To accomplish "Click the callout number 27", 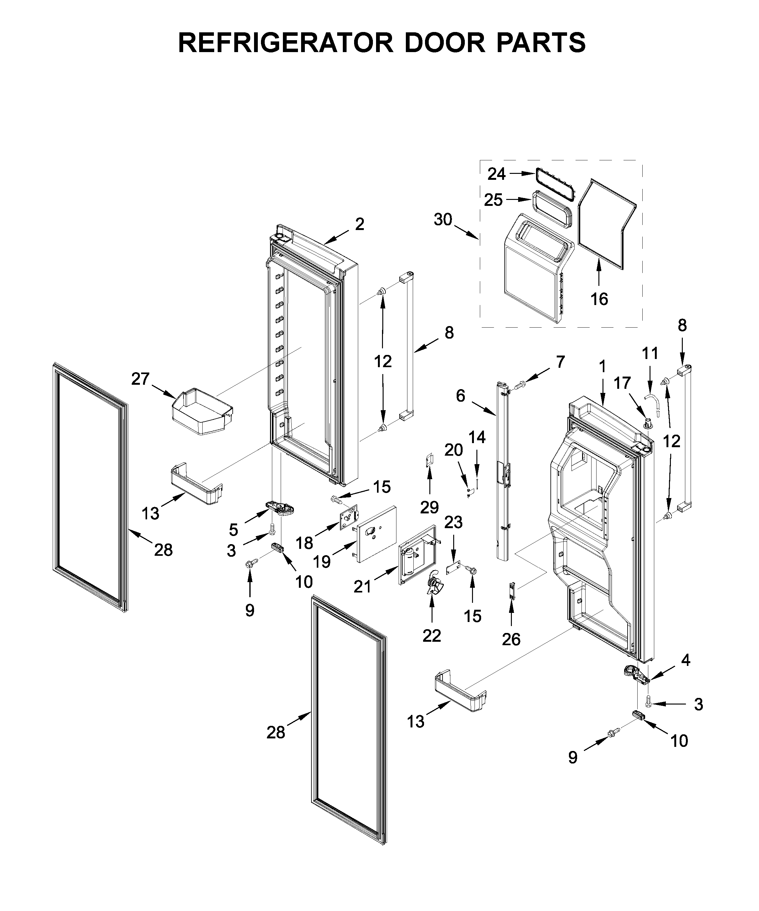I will coord(141,379).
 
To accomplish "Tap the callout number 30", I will coord(443,220).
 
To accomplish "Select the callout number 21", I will coord(362,587).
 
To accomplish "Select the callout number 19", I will coord(322,562).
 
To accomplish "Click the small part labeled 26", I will coord(512,591).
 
